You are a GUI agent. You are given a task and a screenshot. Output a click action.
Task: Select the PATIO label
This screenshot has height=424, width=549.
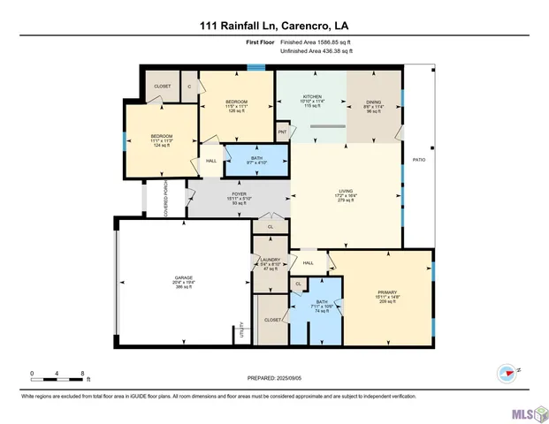tap(418, 159)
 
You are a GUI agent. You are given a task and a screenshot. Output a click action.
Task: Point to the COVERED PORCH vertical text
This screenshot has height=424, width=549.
tap(166, 199)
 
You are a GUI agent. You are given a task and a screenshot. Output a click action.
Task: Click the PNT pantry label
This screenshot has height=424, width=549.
tap(282, 132)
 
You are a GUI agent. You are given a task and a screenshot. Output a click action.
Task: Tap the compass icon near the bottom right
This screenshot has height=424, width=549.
tap(507, 372)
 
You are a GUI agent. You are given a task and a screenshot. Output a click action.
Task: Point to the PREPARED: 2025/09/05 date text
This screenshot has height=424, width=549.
tap(274, 379)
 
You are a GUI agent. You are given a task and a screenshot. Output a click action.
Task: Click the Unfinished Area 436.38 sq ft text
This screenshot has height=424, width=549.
tap(316, 51)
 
